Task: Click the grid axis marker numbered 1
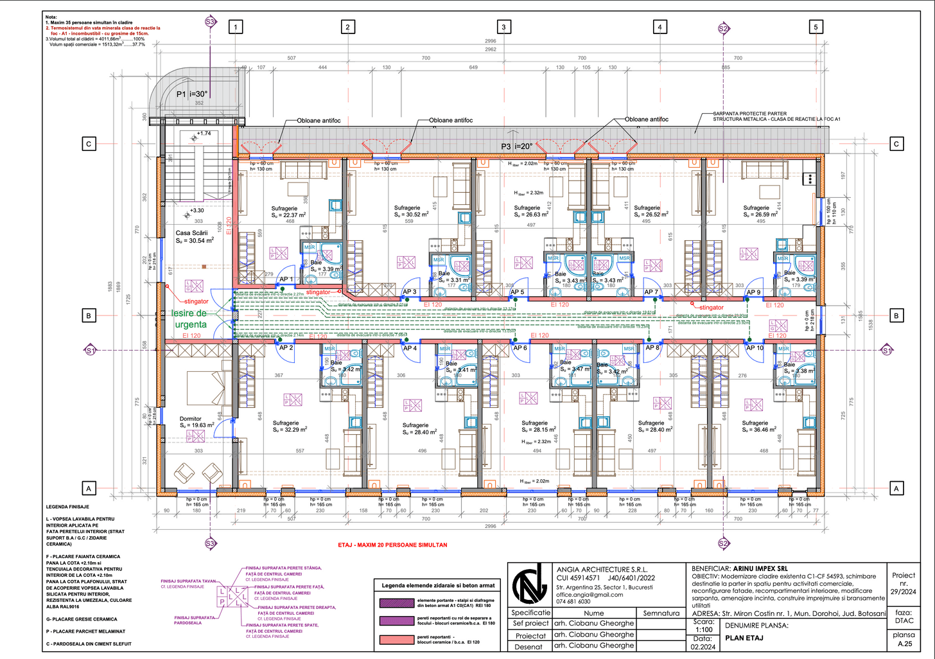(236, 27)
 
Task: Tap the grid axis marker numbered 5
(816, 27)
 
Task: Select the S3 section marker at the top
(210, 22)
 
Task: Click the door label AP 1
(286, 279)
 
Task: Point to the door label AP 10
(755, 348)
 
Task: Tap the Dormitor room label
(191, 419)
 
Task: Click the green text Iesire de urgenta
(189, 319)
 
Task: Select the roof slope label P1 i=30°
(192, 94)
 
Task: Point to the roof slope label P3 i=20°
(517, 146)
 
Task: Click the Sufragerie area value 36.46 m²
(762, 430)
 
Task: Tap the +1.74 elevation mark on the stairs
(204, 134)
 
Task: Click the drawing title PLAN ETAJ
(744, 638)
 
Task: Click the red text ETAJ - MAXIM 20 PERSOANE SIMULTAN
(392, 545)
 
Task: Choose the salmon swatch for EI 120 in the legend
(396, 640)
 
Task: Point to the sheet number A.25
(904, 643)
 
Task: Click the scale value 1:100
(703, 630)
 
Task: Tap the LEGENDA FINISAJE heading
(67, 507)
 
